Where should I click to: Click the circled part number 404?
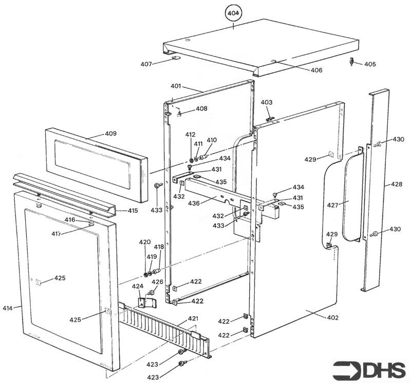[234, 12]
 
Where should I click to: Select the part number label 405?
[370, 64]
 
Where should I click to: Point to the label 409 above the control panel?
[110, 134]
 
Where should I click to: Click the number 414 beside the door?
[8, 308]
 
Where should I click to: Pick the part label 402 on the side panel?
[332, 318]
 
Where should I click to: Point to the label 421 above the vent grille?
[193, 319]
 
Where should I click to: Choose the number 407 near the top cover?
[146, 64]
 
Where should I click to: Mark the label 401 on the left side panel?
[176, 86]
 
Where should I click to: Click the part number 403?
[266, 103]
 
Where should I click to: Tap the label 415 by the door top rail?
[133, 211]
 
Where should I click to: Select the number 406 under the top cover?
[316, 70]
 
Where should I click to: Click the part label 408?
[201, 109]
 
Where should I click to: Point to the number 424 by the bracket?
[138, 286]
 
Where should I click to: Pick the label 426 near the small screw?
[157, 282]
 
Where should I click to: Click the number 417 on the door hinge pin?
[70, 234]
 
